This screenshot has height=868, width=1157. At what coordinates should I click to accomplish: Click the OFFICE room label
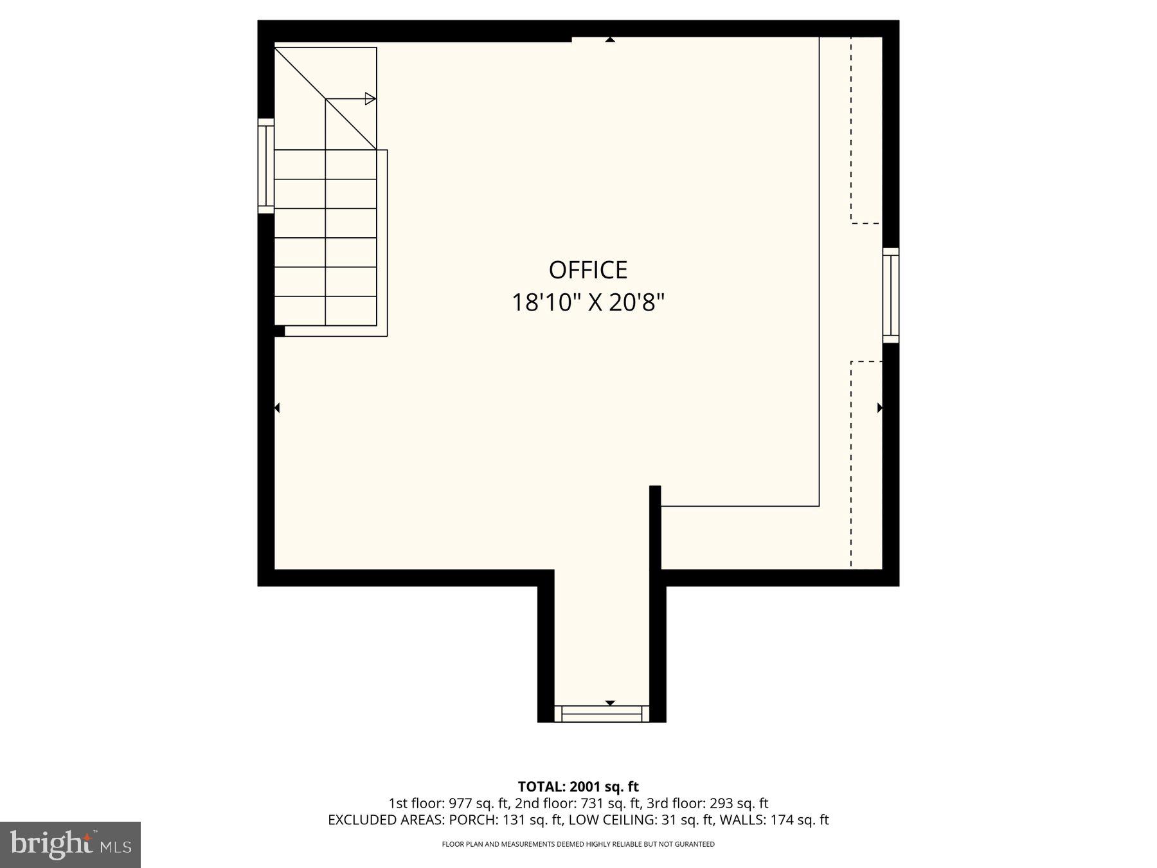click(587, 270)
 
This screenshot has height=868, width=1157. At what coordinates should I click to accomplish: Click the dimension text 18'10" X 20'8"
click(587, 302)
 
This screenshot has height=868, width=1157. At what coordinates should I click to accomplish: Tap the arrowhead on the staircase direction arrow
click(370, 98)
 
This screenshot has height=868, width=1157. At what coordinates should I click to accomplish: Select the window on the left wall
click(265, 165)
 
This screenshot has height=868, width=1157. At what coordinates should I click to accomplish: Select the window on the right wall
click(890, 295)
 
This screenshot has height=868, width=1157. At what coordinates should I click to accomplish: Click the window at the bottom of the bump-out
click(602, 714)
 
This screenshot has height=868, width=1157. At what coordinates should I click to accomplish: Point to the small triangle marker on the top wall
click(610, 40)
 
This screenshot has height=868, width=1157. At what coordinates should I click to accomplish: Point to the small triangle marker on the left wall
click(277, 408)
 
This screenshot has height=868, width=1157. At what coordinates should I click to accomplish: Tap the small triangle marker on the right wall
click(879, 408)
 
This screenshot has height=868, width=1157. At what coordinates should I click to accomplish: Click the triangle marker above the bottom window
click(610, 703)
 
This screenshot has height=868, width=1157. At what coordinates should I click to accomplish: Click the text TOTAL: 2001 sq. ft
click(578, 786)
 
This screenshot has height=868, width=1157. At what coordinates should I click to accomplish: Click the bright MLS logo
click(70, 844)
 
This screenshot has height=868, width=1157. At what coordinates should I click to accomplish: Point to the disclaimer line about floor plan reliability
click(578, 844)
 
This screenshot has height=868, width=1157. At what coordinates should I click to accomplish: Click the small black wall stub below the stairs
click(280, 331)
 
